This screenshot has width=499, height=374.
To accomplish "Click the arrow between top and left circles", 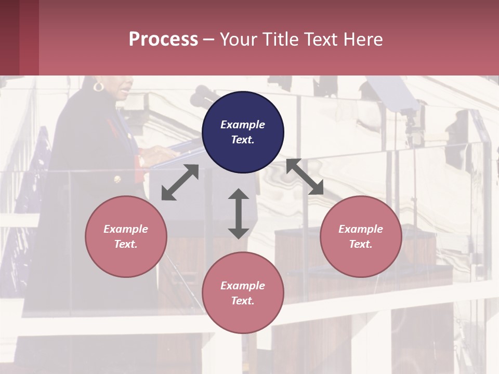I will pos(180,182).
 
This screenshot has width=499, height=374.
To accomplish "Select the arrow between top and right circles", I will pos(305,177).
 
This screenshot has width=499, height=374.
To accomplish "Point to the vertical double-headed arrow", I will pos(239,213).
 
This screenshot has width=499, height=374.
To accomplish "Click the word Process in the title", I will pos(163,39).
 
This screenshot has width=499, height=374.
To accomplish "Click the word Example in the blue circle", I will pos(243,125).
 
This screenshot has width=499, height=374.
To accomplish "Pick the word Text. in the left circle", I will pos(126,244).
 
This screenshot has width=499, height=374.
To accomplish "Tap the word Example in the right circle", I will pos(361,229).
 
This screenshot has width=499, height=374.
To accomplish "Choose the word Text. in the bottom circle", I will pos(243,301).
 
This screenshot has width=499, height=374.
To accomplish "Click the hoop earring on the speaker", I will pos(98,86).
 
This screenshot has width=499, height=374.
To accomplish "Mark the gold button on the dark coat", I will pos(117,179).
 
